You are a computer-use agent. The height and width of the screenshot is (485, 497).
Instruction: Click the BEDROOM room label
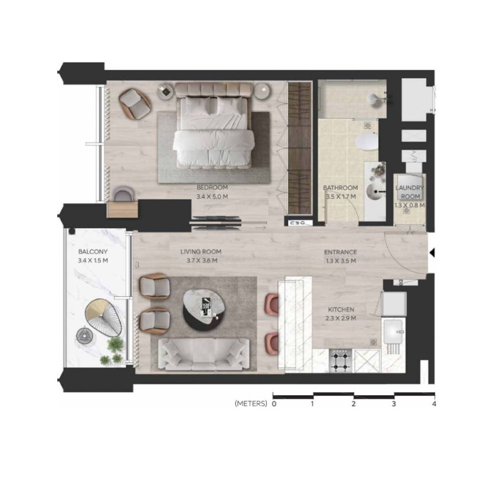(212, 187)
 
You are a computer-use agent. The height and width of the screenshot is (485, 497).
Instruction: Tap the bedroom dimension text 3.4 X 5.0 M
(212, 197)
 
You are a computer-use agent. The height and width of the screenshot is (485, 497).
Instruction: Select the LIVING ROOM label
(201, 252)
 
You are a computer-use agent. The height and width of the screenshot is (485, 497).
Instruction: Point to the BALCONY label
(93, 252)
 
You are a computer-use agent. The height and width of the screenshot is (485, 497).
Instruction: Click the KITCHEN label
(341, 309)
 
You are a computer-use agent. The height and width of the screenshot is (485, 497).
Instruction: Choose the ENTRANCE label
(341, 252)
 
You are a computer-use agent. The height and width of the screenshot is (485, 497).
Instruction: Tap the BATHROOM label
(341, 188)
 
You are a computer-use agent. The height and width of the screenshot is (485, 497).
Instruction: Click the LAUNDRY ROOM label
(410, 192)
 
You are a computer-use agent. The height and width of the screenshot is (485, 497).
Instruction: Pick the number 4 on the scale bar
(434, 404)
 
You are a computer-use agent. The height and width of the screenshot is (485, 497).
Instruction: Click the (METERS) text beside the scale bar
(251, 403)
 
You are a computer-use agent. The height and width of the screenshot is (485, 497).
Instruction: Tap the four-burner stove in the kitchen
(341, 361)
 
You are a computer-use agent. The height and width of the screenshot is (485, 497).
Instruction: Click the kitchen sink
(394, 332)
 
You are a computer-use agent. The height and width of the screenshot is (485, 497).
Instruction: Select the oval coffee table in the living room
(204, 309)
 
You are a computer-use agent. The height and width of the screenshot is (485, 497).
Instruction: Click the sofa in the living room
(204, 354)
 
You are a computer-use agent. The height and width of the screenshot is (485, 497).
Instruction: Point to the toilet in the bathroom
(367, 142)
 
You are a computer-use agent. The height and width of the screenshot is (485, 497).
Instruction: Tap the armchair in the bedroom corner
(135, 104)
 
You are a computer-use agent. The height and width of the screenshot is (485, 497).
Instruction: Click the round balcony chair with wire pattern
(104, 319)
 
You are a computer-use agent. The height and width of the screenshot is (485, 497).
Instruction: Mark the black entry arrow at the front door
(432, 253)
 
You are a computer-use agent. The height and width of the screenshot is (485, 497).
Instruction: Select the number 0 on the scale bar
(274, 404)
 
